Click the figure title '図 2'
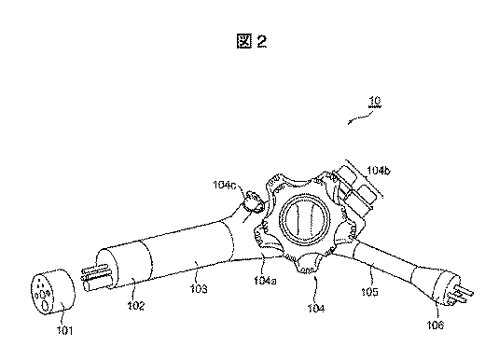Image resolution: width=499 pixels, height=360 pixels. [252, 41]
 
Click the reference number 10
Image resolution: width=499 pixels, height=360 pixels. [375, 101]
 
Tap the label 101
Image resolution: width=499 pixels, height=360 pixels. [65, 330]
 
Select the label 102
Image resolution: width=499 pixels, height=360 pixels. [136, 305]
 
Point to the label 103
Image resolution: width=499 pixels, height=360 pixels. [199, 289]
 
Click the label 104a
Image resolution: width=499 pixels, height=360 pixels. [265, 281]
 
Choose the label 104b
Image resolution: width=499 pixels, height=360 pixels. [379, 171]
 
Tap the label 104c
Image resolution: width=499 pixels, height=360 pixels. [225, 185]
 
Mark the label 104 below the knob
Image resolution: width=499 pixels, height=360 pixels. [316, 308]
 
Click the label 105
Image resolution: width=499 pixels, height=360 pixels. [369, 292]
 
